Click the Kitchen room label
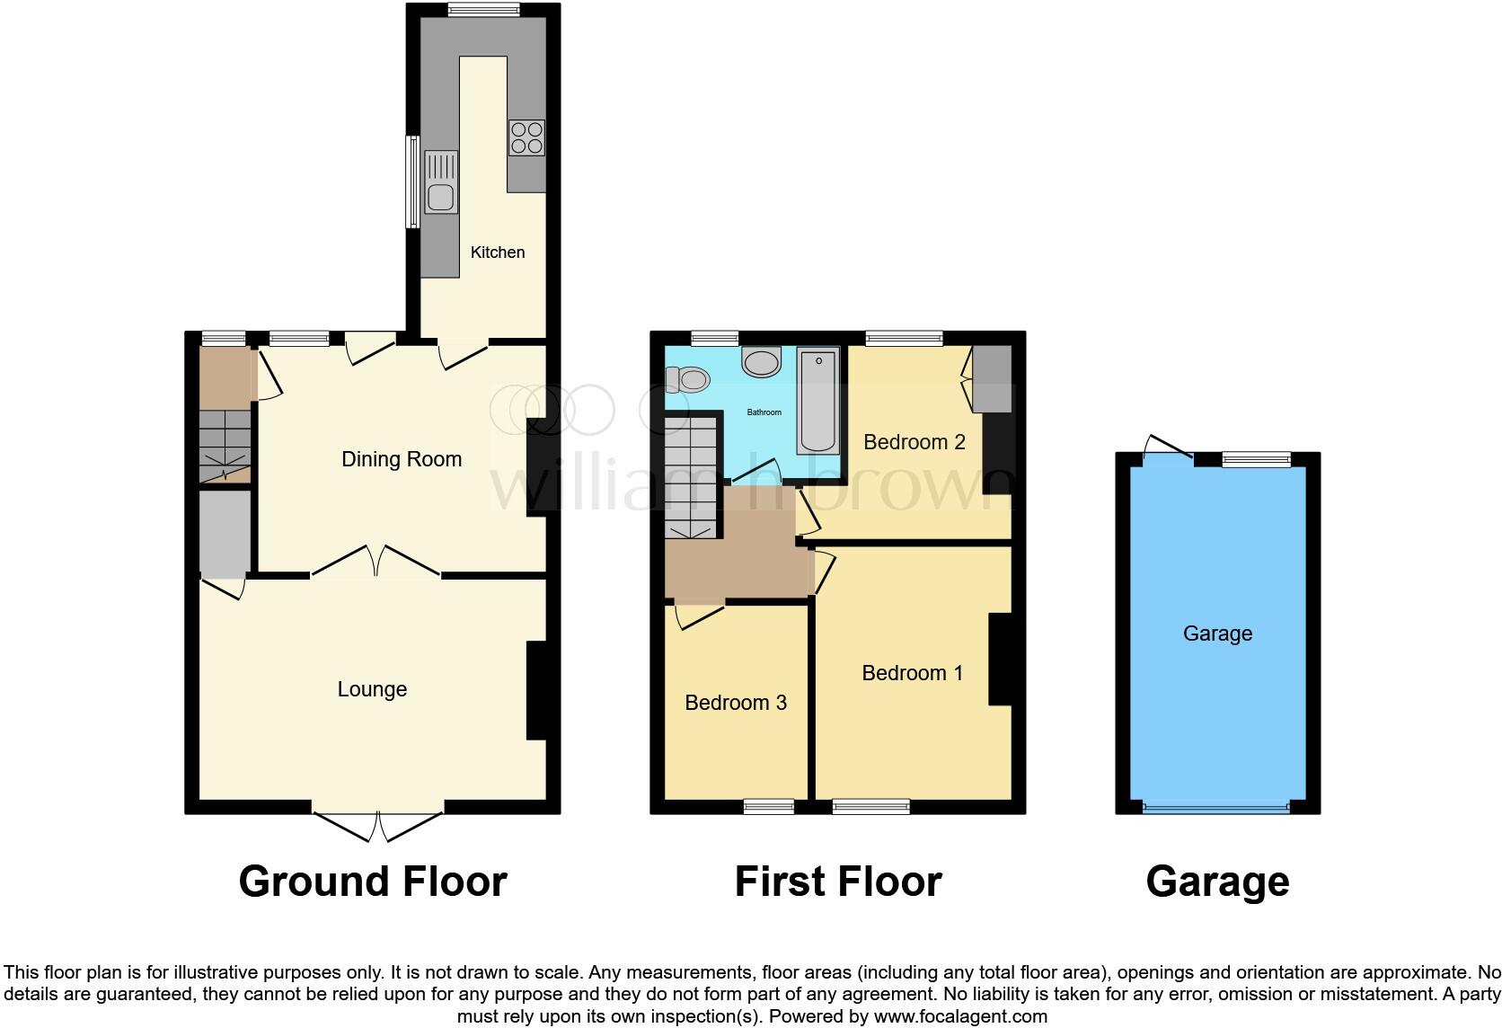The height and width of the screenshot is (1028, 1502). pos(497,253)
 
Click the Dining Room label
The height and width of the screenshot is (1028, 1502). pos(402,459)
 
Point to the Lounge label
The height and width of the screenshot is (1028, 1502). pos(372,689)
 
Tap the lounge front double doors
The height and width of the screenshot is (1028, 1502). pos(378,825)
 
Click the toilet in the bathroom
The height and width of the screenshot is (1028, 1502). pos(687,381)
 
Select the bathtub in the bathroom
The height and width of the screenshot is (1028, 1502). pos(817,401)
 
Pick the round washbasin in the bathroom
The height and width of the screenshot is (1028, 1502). pos(761,363)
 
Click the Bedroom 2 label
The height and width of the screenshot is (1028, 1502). pos(914,442)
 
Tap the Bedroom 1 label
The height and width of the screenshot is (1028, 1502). pos(912,673)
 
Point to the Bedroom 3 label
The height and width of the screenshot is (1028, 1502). pos(735,703)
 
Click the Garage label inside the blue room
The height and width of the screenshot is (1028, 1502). pos(1217,634)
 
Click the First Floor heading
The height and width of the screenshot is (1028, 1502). pos(837,882)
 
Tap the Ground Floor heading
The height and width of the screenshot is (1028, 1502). pos(373,882)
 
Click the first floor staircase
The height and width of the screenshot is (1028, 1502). pos(693,476)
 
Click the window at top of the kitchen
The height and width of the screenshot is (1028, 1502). pos(483,10)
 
